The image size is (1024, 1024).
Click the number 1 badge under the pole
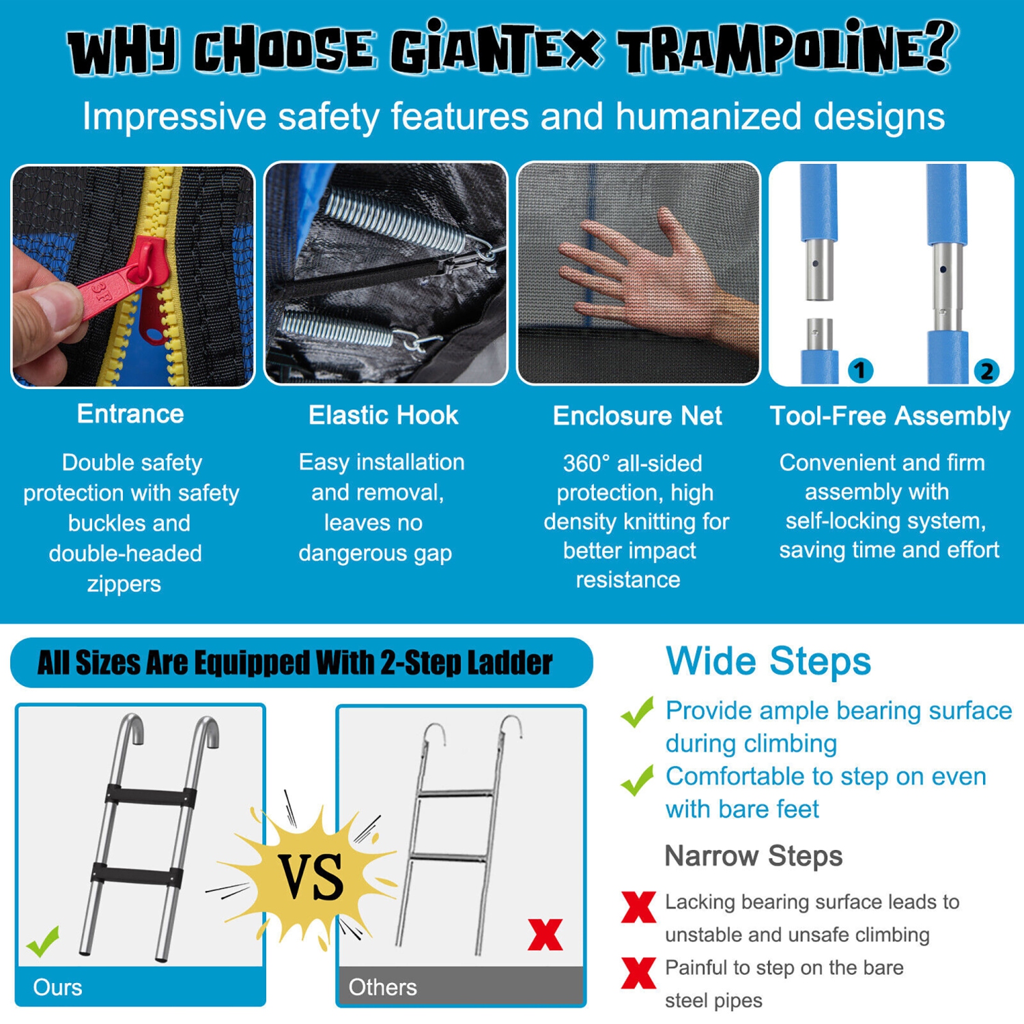click(x=860, y=370)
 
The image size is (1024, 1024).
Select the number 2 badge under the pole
click(x=986, y=371)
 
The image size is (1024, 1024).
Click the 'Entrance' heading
click(x=130, y=414)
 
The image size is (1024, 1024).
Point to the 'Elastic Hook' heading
click(x=383, y=415)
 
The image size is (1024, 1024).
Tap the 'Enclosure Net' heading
click(x=637, y=416)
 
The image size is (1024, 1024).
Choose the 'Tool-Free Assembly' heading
click(x=890, y=416)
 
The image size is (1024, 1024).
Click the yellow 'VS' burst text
click(x=311, y=877)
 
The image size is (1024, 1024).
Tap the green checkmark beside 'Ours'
click(x=43, y=942)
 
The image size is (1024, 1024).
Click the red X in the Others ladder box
click(x=545, y=935)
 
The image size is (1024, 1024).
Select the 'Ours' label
click(x=57, y=987)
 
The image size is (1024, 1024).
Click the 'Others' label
click(x=382, y=987)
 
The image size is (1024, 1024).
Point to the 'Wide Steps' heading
click(x=768, y=661)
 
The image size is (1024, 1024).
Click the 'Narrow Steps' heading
click(x=754, y=855)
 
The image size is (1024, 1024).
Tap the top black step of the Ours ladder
click(x=151, y=797)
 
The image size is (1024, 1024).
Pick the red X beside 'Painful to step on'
click(x=638, y=973)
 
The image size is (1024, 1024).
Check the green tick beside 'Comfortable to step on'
click(x=638, y=780)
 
